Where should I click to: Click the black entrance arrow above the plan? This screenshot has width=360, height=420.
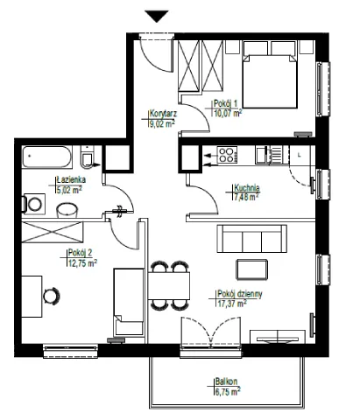[x=157, y=16]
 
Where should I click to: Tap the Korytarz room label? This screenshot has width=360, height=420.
[x=163, y=114]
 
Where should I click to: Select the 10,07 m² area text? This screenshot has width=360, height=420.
[x=228, y=113]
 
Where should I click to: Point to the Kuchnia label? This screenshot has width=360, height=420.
[x=247, y=187]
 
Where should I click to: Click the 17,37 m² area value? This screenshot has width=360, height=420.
[x=232, y=304]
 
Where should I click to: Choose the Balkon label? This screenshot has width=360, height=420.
[x=226, y=381]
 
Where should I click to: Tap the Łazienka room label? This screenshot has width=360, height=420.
[x=71, y=179]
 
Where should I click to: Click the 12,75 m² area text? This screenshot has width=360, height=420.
[x=82, y=263]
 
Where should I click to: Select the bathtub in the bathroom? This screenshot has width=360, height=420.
[x=47, y=157]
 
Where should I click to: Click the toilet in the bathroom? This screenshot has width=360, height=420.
[x=88, y=157]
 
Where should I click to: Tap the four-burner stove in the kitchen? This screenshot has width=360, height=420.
[x=227, y=155]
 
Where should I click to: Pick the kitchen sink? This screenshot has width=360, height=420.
[x=269, y=155]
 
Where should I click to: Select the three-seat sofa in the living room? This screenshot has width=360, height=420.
[x=251, y=239]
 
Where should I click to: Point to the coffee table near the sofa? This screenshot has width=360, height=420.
[x=251, y=269]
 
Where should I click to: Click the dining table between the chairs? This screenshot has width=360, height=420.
[x=169, y=286]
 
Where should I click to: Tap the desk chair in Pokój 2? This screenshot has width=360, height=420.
[x=52, y=297]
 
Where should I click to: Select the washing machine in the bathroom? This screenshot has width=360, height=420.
[x=33, y=204]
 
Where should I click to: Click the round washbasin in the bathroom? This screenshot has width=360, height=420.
[x=67, y=210]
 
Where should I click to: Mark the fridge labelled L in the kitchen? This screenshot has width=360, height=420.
[x=300, y=155]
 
